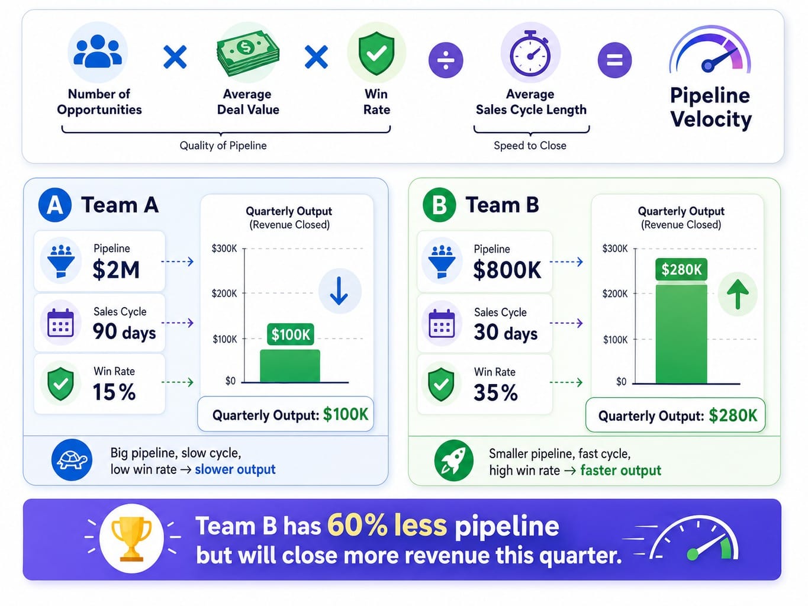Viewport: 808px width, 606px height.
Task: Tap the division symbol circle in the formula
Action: pyautogui.click(x=445, y=60)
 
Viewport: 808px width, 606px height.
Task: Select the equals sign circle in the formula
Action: pyautogui.click(x=614, y=60)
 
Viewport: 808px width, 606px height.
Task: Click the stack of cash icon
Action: pyautogui.click(x=248, y=53)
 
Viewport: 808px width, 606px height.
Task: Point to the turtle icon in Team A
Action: pyautogui.click(x=72, y=460)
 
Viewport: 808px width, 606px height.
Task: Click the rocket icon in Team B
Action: pyautogui.click(x=453, y=460)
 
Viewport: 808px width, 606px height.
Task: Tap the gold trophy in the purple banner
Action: pyautogui.click(x=131, y=539)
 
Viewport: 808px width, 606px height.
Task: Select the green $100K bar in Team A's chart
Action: pyautogui.click(x=290, y=366)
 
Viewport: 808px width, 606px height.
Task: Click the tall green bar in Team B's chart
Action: pyautogui.click(x=681, y=334)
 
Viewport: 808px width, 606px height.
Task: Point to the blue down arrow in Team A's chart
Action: pyautogui.click(x=339, y=291)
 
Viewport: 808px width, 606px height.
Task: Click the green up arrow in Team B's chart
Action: pyautogui.click(x=738, y=294)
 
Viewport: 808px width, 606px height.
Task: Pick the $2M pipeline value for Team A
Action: pyautogui.click(x=116, y=270)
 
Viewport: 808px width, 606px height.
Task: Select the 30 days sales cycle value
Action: pyautogui.click(x=506, y=332)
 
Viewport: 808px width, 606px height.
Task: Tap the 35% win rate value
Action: pyautogui.click(x=495, y=392)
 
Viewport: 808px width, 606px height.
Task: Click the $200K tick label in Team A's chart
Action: pyautogui.click(x=224, y=294)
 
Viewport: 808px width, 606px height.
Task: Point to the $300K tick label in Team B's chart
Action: pyautogui.click(x=615, y=249)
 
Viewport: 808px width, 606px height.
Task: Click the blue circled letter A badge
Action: pyautogui.click(x=55, y=205)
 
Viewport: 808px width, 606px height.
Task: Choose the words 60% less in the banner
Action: pyautogui.click(x=387, y=525)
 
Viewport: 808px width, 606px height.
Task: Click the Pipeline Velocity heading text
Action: pyautogui.click(x=710, y=108)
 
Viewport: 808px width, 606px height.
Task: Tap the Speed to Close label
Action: pyautogui.click(x=530, y=146)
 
